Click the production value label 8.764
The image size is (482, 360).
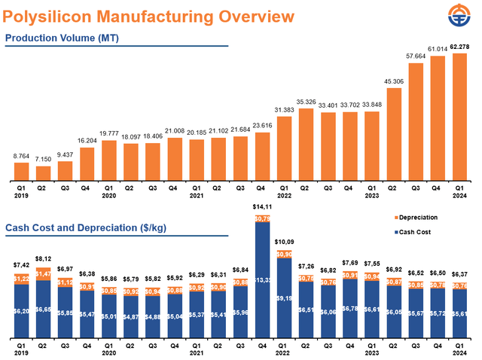(22, 156)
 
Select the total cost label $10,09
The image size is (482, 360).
(283, 242)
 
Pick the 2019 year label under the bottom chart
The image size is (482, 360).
(22, 352)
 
